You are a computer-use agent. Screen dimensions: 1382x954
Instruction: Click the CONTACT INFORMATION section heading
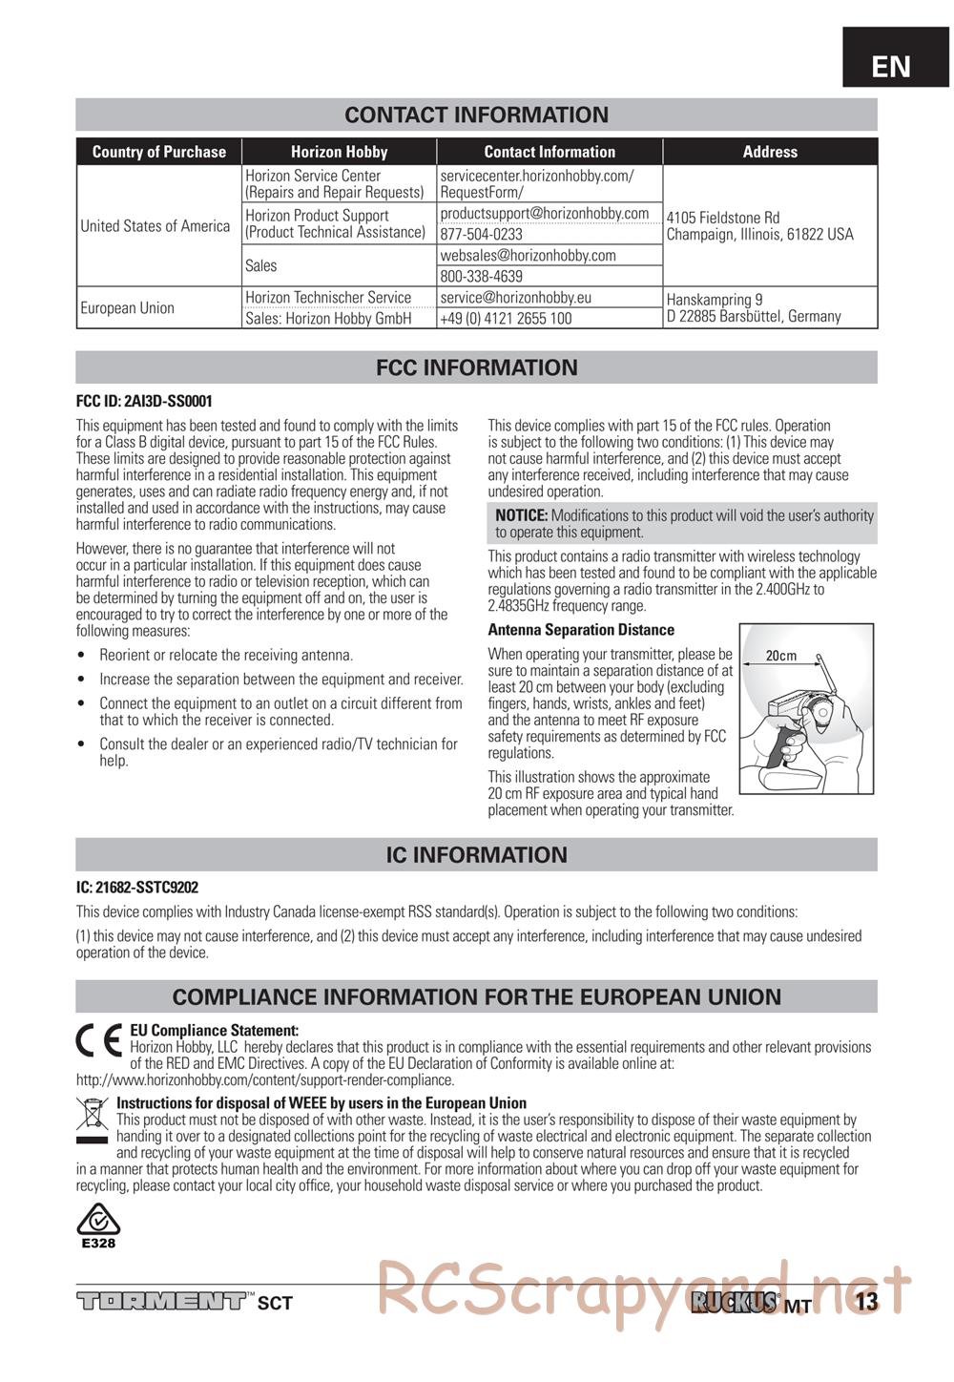click(x=476, y=115)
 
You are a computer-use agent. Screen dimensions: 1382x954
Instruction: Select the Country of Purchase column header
click(x=158, y=152)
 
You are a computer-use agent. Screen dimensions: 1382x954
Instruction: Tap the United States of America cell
click(x=156, y=226)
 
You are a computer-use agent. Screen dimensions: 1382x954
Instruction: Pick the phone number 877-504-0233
click(x=481, y=234)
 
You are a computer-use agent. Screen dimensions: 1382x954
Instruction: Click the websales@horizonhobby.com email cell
click(x=528, y=256)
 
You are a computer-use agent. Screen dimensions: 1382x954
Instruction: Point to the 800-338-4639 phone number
click(x=481, y=276)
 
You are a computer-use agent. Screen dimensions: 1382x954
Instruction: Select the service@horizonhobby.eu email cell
click(x=515, y=298)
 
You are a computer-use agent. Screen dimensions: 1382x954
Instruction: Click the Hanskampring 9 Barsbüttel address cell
click(x=754, y=308)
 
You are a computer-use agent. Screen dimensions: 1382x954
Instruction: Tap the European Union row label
click(x=128, y=308)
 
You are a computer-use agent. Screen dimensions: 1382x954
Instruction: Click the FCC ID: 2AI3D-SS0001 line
click(x=144, y=402)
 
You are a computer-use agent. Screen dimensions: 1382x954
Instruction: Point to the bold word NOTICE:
click(x=521, y=515)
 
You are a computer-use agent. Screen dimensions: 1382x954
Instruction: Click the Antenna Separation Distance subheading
click(x=581, y=630)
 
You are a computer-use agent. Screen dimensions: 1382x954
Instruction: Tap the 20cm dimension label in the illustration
click(x=780, y=656)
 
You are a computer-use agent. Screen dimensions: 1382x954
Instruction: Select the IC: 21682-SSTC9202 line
click(x=137, y=888)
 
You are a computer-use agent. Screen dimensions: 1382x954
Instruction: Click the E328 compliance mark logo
click(x=98, y=1226)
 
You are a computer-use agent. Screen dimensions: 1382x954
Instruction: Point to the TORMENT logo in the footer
click(x=160, y=1301)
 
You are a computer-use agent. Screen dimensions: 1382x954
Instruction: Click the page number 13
click(x=866, y=1302)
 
